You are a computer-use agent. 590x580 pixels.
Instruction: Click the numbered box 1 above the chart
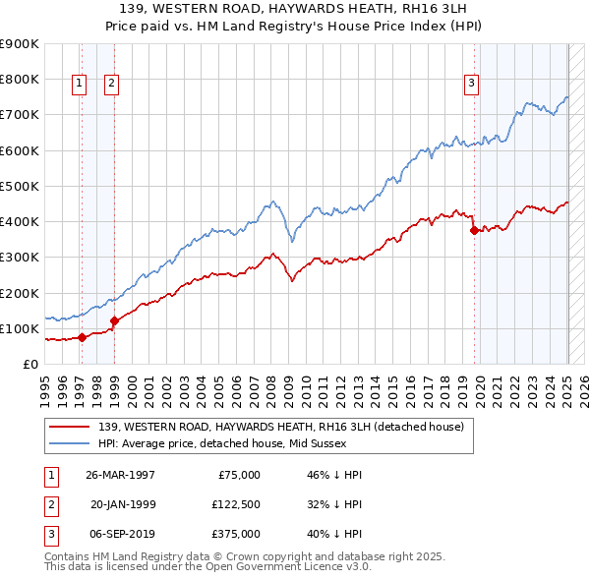point(79,85)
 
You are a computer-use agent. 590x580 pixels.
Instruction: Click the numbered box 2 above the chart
point(111,85)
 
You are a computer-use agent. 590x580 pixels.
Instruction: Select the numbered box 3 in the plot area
point(472,85)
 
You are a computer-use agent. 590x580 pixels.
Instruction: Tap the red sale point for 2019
point(475,231)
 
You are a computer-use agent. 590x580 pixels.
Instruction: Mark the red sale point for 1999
point(114,320)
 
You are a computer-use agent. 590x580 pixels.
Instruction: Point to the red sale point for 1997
point(83,337)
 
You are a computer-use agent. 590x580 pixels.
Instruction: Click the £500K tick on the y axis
point(20,186)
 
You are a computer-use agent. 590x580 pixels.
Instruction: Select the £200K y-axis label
point(20,293)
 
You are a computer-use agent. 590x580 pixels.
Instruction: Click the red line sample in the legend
point(71,427)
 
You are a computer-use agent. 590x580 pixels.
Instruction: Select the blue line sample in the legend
point(71,443)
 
